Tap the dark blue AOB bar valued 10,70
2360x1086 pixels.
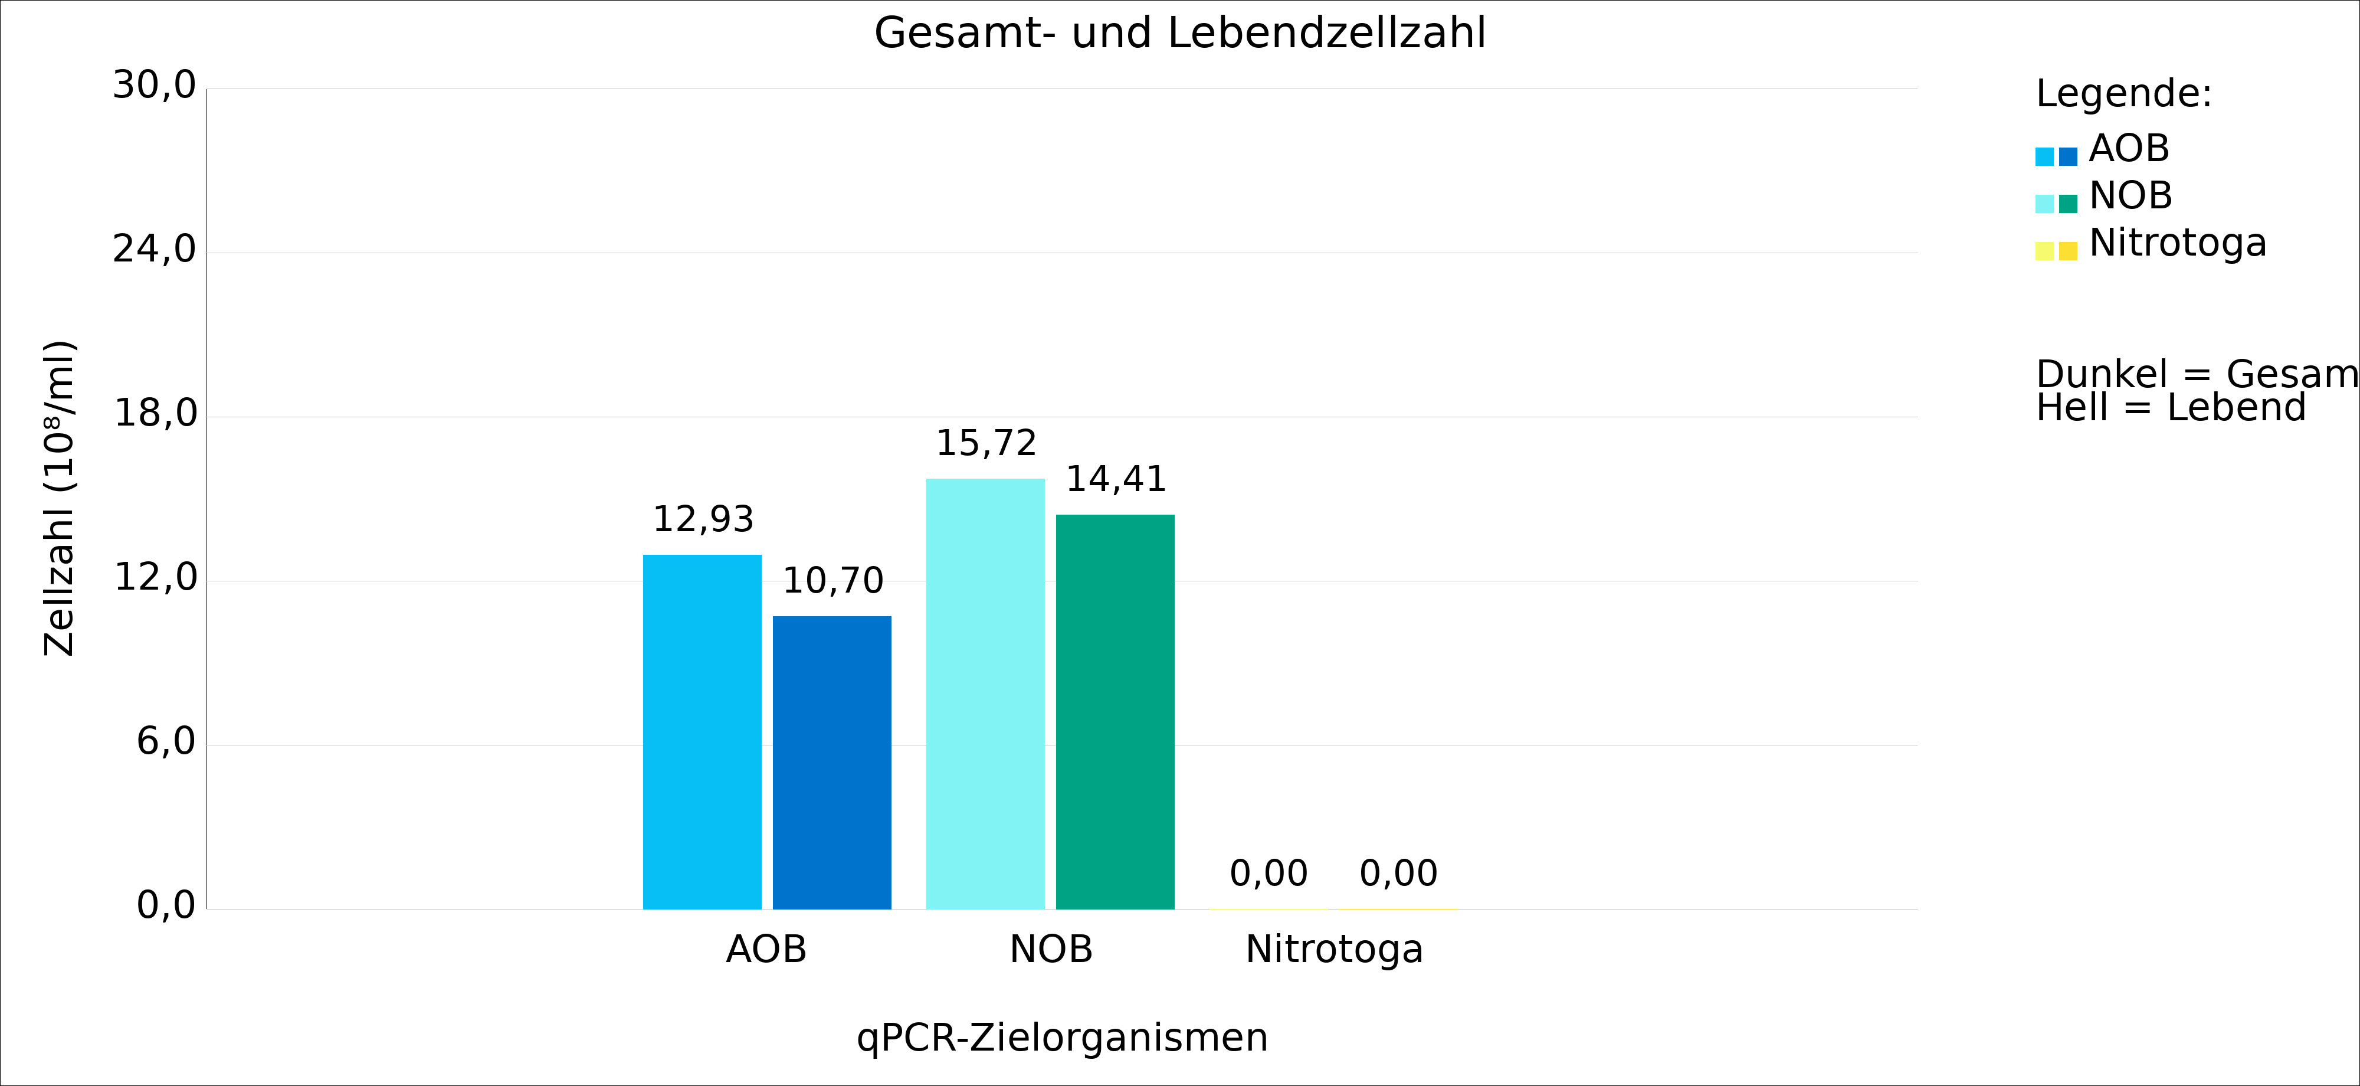tap(832, 763)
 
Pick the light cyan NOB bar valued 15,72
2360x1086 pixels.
tap(985, 694)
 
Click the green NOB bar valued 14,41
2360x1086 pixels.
tap(1115, 712)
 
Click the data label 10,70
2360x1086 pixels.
tap(832, 581)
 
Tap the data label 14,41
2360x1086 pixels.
tap(1116, 479)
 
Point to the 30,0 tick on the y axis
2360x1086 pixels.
tap(154, 86)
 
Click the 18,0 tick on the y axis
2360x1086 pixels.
tap(155, 414)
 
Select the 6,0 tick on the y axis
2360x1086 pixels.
tap(166, 742)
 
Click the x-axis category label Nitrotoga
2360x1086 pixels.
tap(1334, 950)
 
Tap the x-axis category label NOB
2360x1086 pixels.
tap(1051, 950)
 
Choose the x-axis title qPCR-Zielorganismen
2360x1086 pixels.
tap(1062, 1038)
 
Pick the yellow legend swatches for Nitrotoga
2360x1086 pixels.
tap(2056, 251)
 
